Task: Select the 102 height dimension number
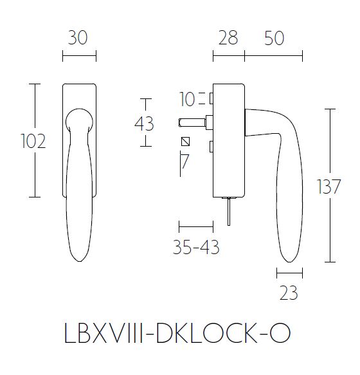point(33,141)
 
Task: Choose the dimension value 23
point(289,293)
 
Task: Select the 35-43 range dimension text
point(196,247)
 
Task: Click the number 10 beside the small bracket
point(187,100)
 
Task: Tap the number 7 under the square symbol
point(185,161)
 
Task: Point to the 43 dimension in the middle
point(144,123)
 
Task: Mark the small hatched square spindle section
point(186,142)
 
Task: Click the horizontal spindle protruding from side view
point(190,121)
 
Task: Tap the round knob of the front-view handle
point(79,120)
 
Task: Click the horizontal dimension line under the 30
point(79,57)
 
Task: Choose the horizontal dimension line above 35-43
point(195,226)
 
